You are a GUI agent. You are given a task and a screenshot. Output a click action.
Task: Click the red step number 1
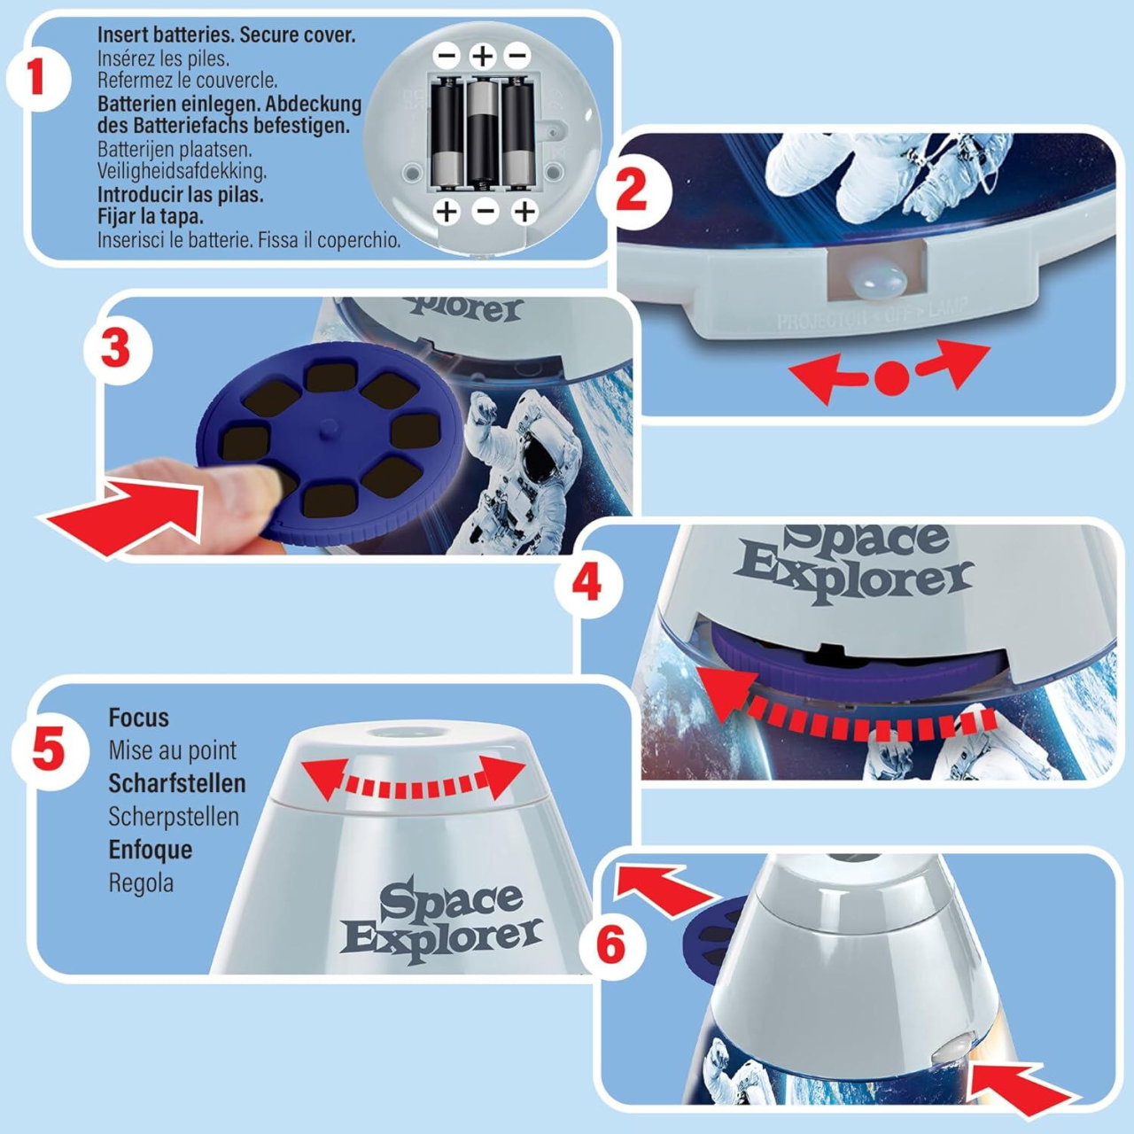pyautogui.click(x=36, y=77)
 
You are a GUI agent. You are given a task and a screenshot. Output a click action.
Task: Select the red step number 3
pyautogui.click(x=116, y=349)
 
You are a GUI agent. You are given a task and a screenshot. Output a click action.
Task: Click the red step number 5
pyautogui.click(x=48, y=750)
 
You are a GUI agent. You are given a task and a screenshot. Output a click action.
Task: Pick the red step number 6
pyautogui.click(x=610, y=945)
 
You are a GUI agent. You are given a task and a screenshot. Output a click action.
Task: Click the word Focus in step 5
pyautogui.click(x=138, y=718)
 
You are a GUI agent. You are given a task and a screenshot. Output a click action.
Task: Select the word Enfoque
pyautogui.click(x=150, y=850)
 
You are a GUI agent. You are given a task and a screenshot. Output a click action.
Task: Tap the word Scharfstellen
pyautogui.click(x=176, y=783)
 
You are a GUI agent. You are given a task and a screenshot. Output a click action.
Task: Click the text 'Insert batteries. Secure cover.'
pyautogui.click(x=226, y=35)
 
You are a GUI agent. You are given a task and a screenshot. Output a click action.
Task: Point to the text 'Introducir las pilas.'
pyautogui.click(x=180, y=194)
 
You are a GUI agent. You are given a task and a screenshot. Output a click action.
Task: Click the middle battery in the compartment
pyautogui.click(x=482, y=133)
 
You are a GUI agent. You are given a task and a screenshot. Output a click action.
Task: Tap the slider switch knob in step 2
pyautogui.click(x=876, y=282)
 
